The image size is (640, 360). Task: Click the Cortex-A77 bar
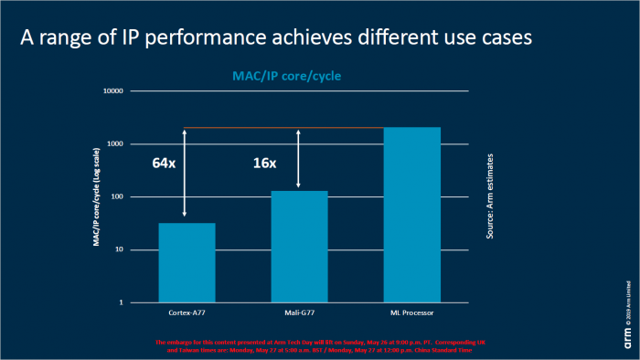187,262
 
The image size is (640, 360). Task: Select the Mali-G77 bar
299,246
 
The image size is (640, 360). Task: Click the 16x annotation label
265,164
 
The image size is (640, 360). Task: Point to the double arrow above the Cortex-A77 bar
186,174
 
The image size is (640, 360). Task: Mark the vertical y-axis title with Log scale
95,197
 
